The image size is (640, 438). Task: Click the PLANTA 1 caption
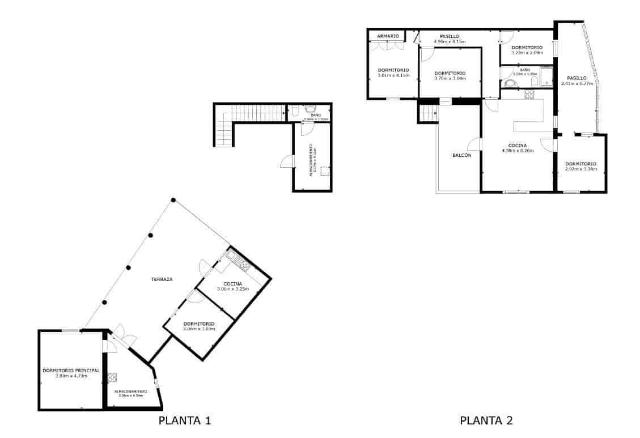185,420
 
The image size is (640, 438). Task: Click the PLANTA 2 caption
486,420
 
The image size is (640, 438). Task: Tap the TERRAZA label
162,279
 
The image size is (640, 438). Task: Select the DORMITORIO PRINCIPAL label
71,370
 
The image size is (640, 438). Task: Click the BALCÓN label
461,155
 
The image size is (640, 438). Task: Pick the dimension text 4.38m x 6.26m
518,151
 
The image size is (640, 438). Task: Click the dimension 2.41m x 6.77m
577,84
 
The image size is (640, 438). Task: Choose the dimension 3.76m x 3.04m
450,79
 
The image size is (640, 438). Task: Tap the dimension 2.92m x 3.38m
580,169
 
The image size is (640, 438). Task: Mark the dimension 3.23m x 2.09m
527,53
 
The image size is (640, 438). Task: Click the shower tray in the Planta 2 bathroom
546,77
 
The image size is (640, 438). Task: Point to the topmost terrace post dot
173,200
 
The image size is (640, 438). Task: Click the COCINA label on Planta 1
232,284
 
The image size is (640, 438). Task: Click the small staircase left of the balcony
428,114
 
